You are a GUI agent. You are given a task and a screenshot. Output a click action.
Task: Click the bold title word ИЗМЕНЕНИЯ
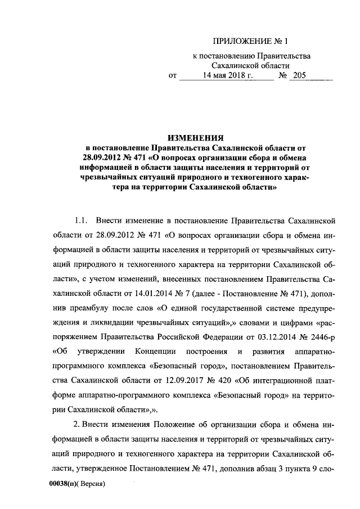[193, 137]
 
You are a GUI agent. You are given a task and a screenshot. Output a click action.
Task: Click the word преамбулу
[88, 308]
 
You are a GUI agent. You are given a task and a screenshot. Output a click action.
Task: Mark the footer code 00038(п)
[61, 483]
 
